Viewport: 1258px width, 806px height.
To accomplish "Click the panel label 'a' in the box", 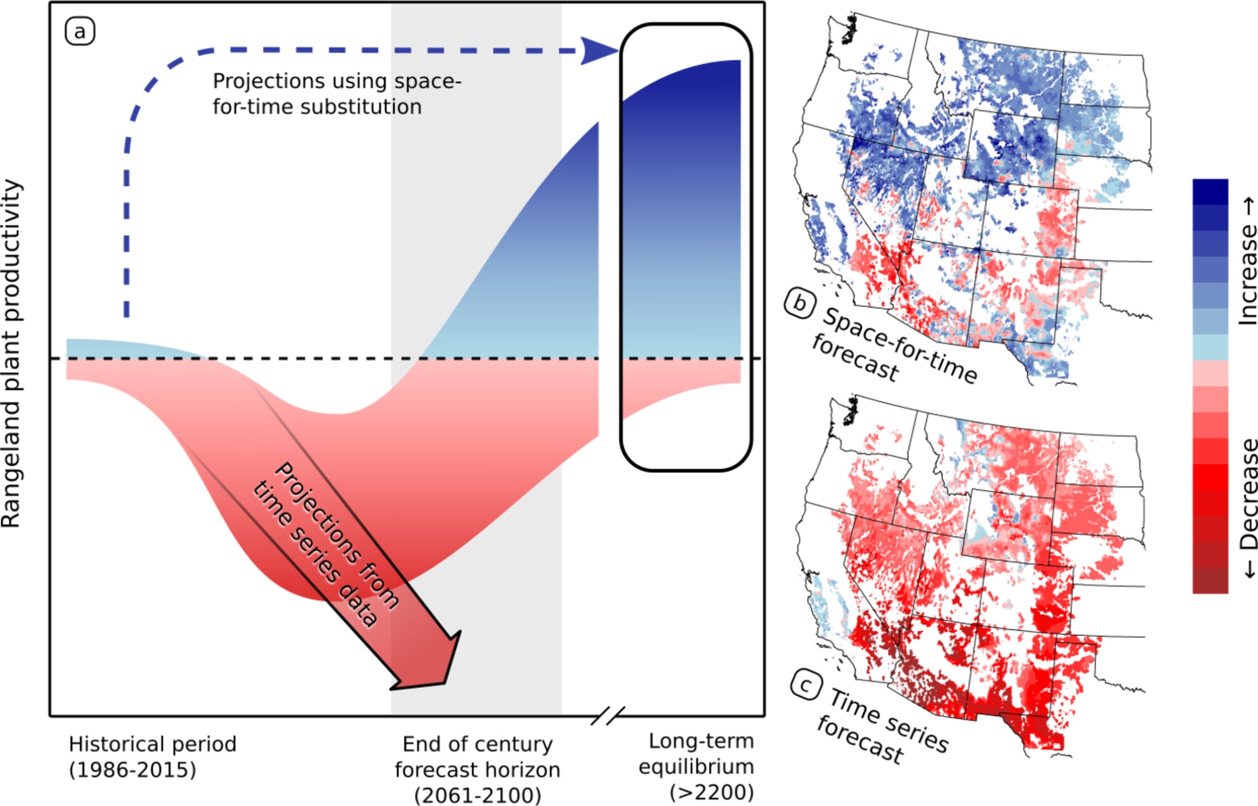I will tap(80, 32).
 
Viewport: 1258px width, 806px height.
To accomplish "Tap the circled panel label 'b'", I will tap(799, 304).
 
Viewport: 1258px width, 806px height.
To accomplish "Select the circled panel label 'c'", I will tap(806, 685).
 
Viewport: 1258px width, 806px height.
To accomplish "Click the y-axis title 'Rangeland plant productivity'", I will tap(11, 353).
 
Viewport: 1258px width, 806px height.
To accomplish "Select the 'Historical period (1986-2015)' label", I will tap(152, 756).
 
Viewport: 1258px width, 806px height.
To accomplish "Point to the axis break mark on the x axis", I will tap(608, 715).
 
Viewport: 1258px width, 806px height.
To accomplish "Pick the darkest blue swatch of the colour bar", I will tap(1210, 192).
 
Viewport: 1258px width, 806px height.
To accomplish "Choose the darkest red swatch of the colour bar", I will tap(1210, 580).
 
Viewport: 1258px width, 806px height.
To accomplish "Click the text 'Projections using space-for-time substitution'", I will tap(337, 94).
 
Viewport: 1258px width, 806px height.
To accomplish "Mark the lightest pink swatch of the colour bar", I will tap(1210, 373).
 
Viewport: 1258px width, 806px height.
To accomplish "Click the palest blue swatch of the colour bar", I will tap(1210, 347).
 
